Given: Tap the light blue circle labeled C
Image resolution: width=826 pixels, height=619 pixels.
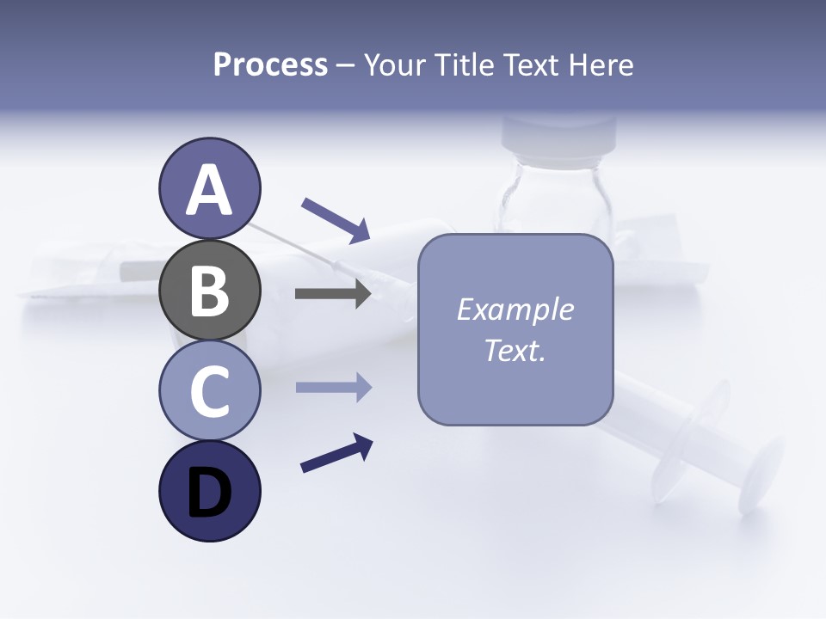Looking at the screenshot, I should tap(209, 390).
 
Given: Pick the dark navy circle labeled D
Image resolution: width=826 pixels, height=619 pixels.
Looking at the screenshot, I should tap(209, 491).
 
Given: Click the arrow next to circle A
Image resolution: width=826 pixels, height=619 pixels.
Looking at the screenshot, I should tap(336, 219).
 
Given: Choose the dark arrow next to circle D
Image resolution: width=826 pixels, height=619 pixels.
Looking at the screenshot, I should tap(336, 453).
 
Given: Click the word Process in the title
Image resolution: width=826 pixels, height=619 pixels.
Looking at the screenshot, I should tap(270, 65).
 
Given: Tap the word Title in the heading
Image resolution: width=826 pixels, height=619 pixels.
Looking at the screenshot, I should tap(464, 65).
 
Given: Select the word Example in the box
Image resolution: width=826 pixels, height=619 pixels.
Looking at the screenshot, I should tap(515, 309).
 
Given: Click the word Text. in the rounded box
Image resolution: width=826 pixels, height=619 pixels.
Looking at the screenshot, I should tap(515, 350).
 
